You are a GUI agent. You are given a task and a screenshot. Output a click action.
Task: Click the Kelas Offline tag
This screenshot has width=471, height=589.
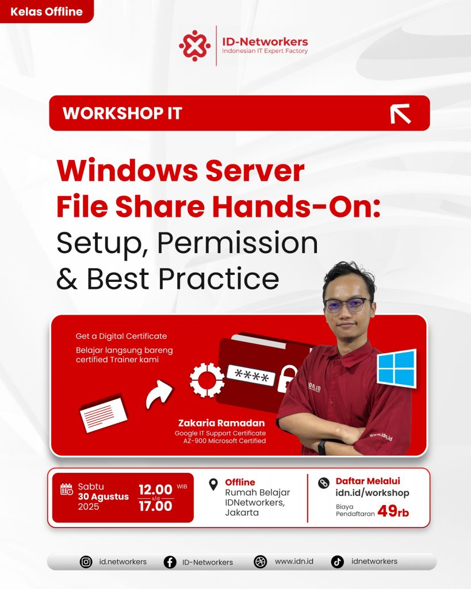click(x=46, y=12)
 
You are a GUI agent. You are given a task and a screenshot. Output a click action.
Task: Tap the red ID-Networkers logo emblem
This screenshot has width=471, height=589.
click(x=194, y=45)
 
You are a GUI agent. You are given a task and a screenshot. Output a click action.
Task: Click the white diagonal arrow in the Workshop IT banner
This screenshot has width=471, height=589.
click(x=400, y=114)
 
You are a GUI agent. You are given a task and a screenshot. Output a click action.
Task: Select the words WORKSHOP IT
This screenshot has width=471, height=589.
click(x=122, y=113)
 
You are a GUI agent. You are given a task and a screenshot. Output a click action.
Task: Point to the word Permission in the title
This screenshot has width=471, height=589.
click(x=238, y=243)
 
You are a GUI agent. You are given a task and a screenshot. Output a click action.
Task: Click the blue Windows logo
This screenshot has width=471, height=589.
click(x=397, y=368)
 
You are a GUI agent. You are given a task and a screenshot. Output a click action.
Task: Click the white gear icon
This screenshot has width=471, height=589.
click(x=206, y=380)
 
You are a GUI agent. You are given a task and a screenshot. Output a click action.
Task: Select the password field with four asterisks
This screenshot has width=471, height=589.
click(x=251, y=375)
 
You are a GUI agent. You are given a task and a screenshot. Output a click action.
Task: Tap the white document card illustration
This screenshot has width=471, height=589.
click(x=104, y=413)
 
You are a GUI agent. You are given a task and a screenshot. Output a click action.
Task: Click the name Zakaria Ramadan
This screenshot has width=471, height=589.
click(x=221, y=423)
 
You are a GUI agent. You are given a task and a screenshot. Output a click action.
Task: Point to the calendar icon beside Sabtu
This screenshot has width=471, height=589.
click(x=67, y=489)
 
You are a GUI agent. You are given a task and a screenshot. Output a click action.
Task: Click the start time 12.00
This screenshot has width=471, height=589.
click(x=155, y=489)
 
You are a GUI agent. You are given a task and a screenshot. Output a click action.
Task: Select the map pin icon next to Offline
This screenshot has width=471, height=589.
click(x=213, y=484)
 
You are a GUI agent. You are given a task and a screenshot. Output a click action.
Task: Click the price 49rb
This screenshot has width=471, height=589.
click(x=393, y=511)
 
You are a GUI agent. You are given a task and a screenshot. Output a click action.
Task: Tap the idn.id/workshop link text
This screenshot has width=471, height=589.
click(x=372, y=493)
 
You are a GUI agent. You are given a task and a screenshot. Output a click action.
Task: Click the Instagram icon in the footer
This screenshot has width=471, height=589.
click(x=86, y=562)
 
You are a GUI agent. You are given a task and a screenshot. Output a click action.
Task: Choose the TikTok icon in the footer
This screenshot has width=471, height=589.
click(x=337, y=562)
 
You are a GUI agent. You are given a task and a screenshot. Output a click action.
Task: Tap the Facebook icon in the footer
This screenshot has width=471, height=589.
click(x=170, y=562)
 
